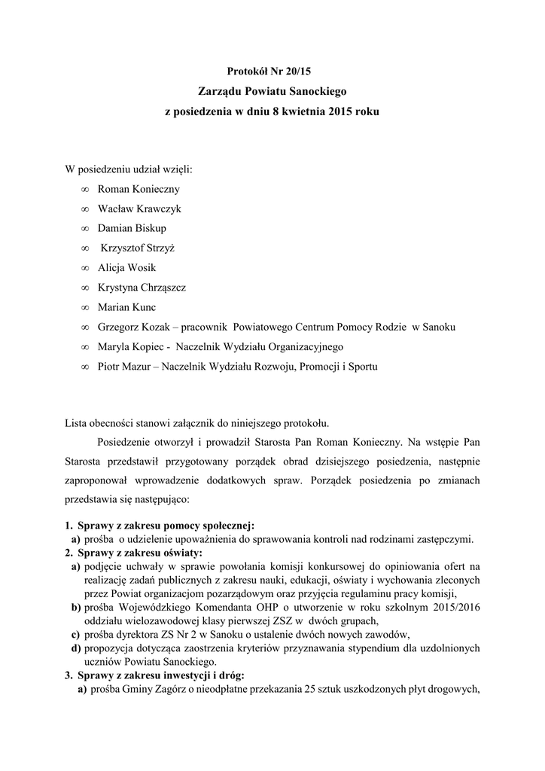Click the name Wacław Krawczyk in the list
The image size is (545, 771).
(x=139, y=209)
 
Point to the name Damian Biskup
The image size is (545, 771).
(x=132, y=228)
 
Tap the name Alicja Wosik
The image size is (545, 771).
(x=127, y=267)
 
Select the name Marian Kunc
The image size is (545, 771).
(x=127, y=307)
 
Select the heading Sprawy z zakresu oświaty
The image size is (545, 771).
(x=145, y=551)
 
